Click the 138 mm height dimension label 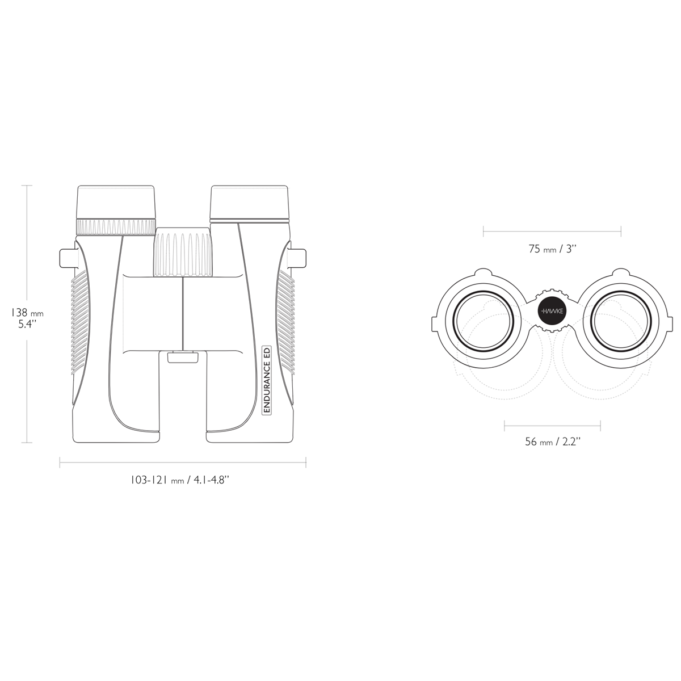(27, 318)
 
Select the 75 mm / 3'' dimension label (552, 249)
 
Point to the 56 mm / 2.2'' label (553, 442)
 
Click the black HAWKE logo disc (552, 312)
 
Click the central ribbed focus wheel (183, 251)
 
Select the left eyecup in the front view (116, 202)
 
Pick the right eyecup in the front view (249, 202)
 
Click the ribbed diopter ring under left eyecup (116, 227)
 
